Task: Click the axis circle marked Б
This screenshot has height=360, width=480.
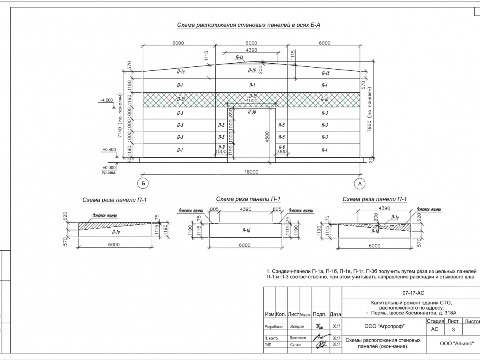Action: (142, 183)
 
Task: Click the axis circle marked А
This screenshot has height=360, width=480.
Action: (360, 183)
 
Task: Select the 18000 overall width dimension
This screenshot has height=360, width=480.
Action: (251, 172)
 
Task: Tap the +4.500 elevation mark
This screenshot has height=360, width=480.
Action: (106, 100)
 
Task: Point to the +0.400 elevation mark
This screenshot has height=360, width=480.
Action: (109, 150)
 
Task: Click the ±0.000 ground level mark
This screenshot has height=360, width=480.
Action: (109, 168)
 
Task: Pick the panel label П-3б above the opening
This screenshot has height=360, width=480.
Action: (252, 112)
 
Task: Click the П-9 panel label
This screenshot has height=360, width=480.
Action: (221, 147)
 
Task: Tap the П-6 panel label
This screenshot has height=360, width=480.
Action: (282, 147)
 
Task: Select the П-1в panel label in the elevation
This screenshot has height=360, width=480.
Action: (325, 74)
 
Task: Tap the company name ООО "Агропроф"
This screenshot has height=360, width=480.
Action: (384, 326)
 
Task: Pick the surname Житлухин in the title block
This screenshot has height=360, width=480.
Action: (297, 327)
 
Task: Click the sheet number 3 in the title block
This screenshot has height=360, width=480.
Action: (453, 330)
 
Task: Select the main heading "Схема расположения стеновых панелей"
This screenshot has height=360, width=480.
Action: (249, 25)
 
